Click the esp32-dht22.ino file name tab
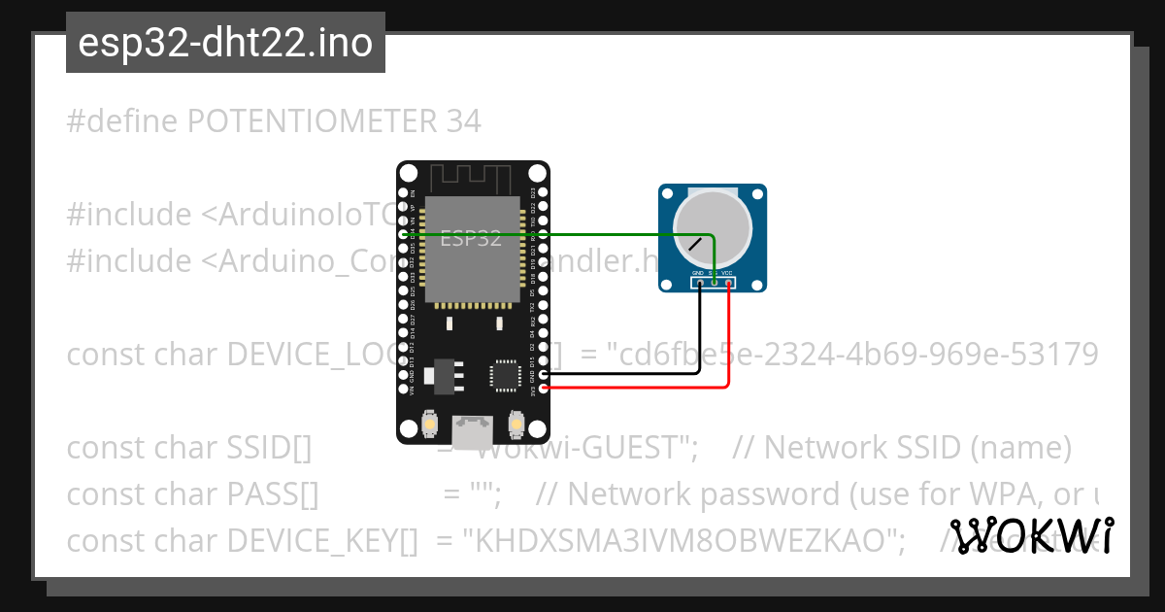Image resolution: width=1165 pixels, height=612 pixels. coord(225,43)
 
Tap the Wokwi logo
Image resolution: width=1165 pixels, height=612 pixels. coord(1031,535)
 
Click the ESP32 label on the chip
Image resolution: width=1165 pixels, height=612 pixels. coord(471,238)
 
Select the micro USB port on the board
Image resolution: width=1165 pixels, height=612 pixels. coord(472,431)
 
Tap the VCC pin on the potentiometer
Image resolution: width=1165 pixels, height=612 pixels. coord(727,283)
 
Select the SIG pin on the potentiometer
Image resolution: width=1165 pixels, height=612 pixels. coord(714,283)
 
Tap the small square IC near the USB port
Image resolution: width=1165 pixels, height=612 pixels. coord(506,375)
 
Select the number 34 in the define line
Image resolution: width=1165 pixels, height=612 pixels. coord(463,121)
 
